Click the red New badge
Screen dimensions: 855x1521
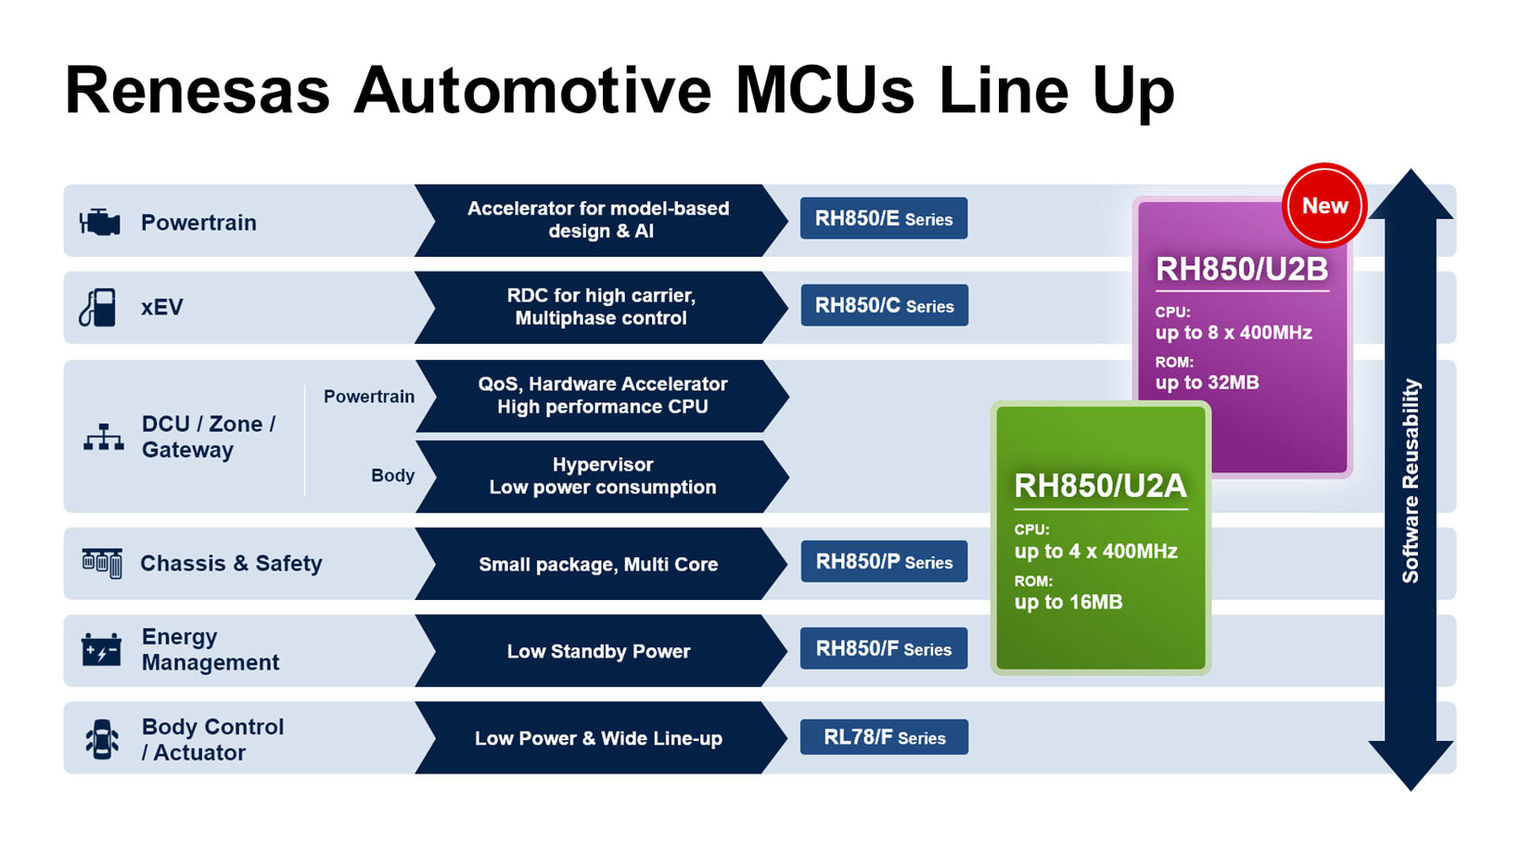pyautogui.click(x=1323, y=206)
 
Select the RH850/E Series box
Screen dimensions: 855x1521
pyautogui.click(x=883, y=219)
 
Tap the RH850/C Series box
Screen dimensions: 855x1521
pyautogui.click(x=884, y=306)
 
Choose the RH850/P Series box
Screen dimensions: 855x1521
pyautogui.click(x=884, y=562)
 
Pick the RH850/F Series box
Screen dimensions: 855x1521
pyautogui.click(x=883, y=649)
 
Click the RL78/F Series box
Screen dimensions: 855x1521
pyautogui.click(x=884, y=737)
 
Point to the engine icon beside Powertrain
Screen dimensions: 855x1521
pyautogui.click(x=100, y=223)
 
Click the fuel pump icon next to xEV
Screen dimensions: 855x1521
pyautogui.click(x=98, y=308)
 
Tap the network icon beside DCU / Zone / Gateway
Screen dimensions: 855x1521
pyautogui.click(x=103, y=437)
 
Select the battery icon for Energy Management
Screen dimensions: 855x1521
pyautogui.click(x=101, y=650)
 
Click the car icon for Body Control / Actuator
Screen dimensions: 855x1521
pyautogui.click(x=102, y=739)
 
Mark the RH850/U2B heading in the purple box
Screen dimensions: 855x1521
pyautogui.click(x=1241, y=270)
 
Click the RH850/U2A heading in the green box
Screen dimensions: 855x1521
pyautogui.click(x=1100, y=486)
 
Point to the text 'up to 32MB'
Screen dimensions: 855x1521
pyautogui.click(x=1207, y=383)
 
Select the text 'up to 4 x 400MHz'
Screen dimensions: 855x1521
pyautogui.click(x=1095, y=552)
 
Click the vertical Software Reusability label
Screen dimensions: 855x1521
pyautogui.click(x=1411, y=480)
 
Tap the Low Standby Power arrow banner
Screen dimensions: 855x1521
pyautogui.click(x=599, y=651)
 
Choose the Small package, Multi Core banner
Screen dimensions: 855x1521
pyautogui.click(x=599, y=564)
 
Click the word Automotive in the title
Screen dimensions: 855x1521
pyautogui.click(x=532, y=91)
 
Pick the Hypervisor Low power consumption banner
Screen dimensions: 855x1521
pyautogui.click(x=603, y=476)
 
